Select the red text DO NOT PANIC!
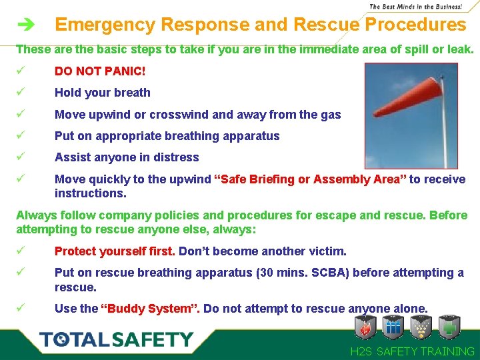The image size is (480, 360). click(x=100, y=71)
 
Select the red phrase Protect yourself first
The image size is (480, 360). click(x=115, y=251)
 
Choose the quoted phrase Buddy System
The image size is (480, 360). click(x=150, y=309)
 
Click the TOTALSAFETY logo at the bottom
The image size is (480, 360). click(x=116, y=339)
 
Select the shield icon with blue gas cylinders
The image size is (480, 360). click(x=394, y=327)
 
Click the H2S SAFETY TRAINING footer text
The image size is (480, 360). click(x=413, y=351)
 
